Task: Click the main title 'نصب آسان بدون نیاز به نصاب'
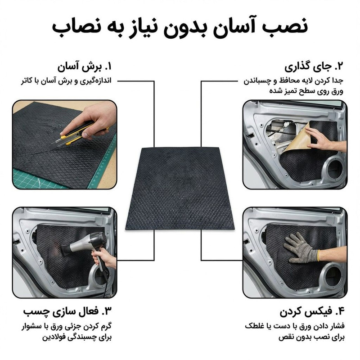point(180,27)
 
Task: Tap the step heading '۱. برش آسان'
point(85,67)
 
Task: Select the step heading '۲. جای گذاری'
point(314,67)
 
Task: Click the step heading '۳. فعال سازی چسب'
point(67,311)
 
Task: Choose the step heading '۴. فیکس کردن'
point(312,312)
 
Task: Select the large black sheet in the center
point(180,189)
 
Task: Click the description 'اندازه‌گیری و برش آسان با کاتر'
point(66,81)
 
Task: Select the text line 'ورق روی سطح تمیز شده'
point(306,91)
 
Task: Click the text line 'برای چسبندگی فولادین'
point(77,337)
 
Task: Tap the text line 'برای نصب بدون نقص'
point(312,337)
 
